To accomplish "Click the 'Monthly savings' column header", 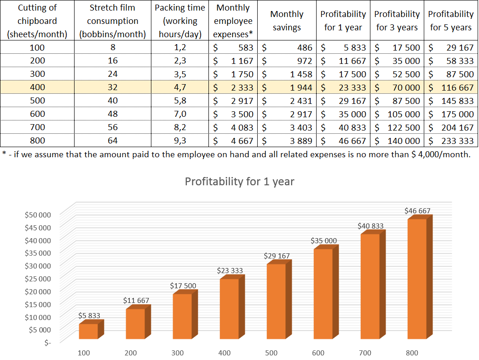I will (x=286, y=21).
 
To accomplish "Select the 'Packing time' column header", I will (x=180, y=21).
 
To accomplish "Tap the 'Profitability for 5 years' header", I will (x=450, y=21).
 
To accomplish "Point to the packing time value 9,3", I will (x=180, y=141).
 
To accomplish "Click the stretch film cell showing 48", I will (x=113, y=114).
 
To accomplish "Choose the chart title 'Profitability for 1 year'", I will (x=239, y=181).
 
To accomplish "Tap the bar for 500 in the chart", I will (x=276, y=301).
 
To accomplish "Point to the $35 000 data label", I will (x=323, y=240).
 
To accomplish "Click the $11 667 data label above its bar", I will (x=136, y=301).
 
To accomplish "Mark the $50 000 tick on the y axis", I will (x=39, y=214).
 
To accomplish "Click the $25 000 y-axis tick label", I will (x=39, y=278).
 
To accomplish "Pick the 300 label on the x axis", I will (x=177, y=353).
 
